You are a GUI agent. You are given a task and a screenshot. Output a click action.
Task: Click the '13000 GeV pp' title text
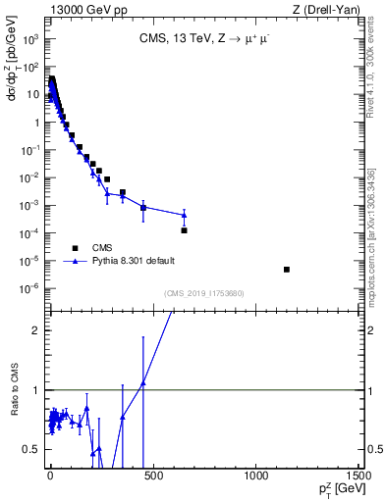point(83,9)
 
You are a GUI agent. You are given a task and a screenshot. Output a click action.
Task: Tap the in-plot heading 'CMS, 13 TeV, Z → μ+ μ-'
point(202,40)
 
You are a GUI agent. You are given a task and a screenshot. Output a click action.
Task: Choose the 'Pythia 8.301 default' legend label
point(135,262)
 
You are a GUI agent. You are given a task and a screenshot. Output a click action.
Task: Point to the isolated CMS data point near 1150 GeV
point(286,269)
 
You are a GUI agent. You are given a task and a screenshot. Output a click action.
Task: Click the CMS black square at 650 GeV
point(184,230)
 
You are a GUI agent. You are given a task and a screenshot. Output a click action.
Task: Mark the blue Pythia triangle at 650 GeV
point(184,215)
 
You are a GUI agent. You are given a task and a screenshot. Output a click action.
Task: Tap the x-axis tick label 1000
point(255,477)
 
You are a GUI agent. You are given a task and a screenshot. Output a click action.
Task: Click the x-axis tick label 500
point(152,477)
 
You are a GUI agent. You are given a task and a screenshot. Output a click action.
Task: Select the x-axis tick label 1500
point(358,477)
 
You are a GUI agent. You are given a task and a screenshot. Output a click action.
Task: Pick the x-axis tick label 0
point(50,477)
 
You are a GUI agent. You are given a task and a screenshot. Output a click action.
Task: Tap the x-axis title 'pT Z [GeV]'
point(338,489)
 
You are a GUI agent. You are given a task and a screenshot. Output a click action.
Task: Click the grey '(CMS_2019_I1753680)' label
point(205,294)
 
